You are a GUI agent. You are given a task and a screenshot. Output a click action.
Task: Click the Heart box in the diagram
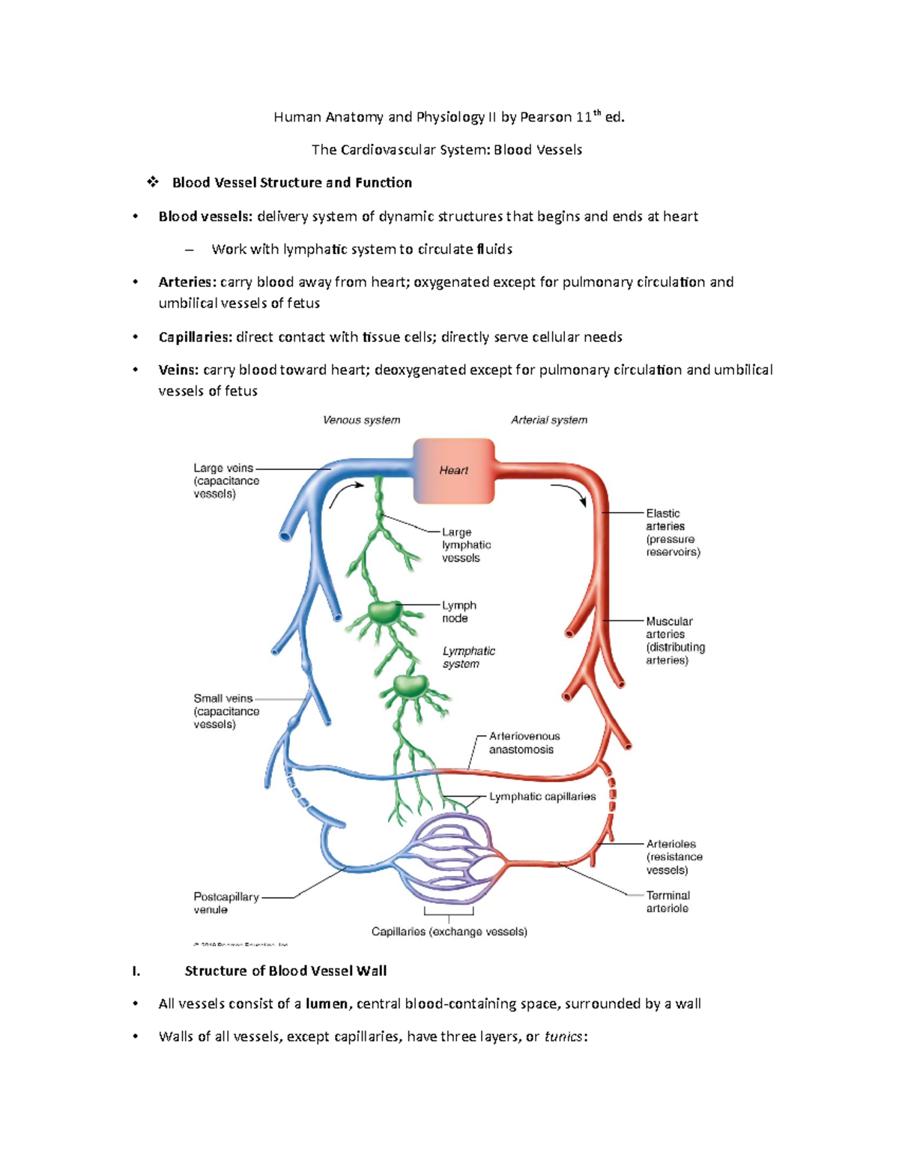click(453, 471)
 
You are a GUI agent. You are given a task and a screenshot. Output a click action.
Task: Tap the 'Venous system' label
click(361, 420)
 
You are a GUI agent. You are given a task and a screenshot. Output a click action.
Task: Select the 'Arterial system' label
click(548, 420)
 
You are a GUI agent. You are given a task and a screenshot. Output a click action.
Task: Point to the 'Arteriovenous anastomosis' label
click(524, 743)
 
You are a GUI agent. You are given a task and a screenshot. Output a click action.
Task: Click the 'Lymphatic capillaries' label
click(542, 797)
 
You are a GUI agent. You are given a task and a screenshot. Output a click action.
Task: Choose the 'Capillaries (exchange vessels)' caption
click(449, 932)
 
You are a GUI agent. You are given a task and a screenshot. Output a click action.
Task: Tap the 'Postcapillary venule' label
click(225, 903)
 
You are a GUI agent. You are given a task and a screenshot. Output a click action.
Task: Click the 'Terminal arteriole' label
click(668, 902)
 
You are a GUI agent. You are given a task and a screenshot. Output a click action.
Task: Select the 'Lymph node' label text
click(458, 612)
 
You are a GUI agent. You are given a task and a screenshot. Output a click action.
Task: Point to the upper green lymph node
click(385, 612)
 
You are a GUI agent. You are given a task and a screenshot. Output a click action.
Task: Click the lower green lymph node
click(410, 685)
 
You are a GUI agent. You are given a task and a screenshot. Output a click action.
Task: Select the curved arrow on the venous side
click(345, 493)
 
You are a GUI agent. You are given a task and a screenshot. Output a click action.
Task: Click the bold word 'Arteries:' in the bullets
click(187, 283)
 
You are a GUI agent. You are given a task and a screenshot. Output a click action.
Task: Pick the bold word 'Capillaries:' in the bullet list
click(196, 337)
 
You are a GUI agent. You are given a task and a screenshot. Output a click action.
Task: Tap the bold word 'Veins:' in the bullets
click(178, 370)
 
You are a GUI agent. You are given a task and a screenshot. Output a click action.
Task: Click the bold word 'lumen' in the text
click(327, 1004)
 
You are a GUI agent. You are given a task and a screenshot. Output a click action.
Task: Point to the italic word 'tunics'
click(563, 1037)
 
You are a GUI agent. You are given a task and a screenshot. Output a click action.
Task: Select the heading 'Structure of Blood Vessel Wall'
click(285, 971)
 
